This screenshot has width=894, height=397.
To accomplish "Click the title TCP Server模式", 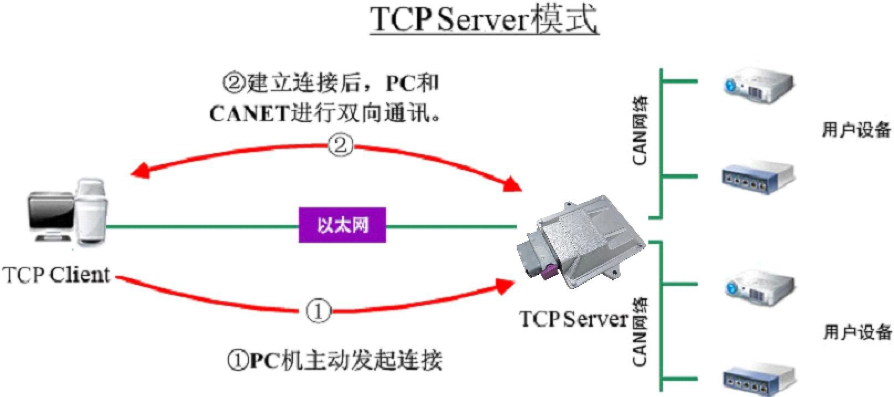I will pos(484,20).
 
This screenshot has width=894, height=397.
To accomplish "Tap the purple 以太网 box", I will pos(342,225).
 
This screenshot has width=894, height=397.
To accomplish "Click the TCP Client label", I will pos(56,275).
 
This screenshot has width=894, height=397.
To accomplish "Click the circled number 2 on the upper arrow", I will pos(340,145).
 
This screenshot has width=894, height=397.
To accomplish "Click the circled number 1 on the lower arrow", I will pos(318,312).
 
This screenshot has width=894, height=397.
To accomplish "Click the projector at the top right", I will pos(759,85).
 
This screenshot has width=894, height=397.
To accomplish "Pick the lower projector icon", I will pos(759,287).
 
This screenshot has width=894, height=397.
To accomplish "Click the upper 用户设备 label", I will pos(856,130).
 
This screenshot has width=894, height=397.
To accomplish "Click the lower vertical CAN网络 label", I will pos(640,332).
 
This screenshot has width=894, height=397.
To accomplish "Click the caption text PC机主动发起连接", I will pos(335,361).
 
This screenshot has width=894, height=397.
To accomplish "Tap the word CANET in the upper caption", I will pos(249,114).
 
